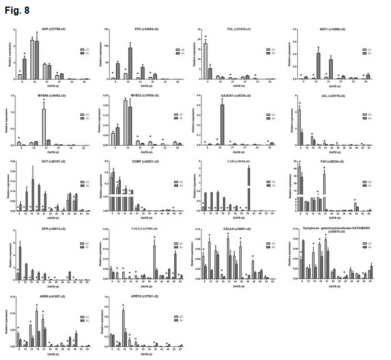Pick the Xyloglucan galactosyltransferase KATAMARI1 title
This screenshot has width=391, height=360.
(331, 228)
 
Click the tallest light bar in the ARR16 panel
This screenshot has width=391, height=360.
(124, 327)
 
